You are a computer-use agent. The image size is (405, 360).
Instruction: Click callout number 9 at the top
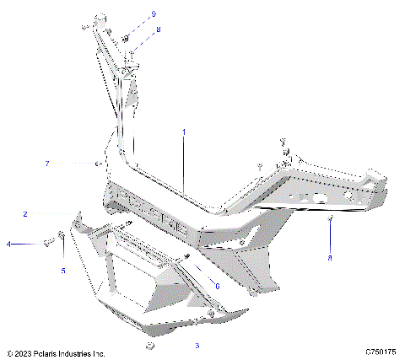(154, 14)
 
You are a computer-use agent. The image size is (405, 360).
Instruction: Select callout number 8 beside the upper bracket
(157, 30)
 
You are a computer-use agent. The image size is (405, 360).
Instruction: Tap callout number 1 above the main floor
(184, 132)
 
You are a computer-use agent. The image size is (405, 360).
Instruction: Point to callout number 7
(72, 162)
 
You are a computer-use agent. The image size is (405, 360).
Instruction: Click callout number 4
(9, 244)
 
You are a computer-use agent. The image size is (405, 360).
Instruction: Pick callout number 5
(62, 270)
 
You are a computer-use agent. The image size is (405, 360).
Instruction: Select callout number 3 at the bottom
(197, 346)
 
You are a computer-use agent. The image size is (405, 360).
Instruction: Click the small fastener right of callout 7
(99, 163)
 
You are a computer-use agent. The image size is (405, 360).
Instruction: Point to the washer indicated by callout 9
(124, 38)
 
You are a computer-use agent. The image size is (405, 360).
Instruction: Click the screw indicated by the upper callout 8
(132, 55)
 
